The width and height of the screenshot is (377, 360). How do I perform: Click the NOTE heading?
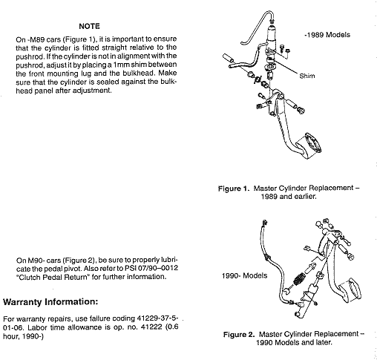tap(89, 26)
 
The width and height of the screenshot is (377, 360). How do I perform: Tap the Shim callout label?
tap(307, 76)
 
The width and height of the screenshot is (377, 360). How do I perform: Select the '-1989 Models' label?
tap(327, 35)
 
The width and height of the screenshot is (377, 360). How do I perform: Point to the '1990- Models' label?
tap(245, 275)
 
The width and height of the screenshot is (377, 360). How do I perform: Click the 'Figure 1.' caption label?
tap(233, 189)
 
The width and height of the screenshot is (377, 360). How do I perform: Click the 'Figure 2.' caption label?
tap(239, 335)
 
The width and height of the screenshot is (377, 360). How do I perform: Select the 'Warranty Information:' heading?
tap(50, 302)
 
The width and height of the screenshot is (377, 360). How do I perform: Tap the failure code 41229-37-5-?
tap(157, 318)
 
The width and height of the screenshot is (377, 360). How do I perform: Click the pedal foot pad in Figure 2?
tap(350, 290)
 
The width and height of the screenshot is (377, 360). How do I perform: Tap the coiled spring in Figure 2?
tap(299, 280)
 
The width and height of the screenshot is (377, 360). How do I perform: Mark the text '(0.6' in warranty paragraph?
tap(171, 327)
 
